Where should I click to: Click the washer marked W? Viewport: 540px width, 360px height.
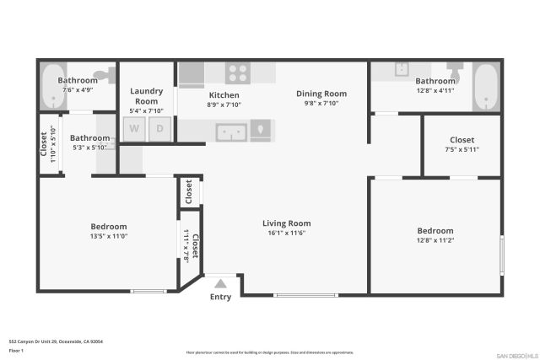click(133, 129)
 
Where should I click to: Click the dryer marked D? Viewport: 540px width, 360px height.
click(160, 129)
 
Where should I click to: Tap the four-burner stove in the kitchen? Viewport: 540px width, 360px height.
click(239, 73)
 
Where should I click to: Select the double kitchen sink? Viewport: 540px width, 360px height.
click(230, 131)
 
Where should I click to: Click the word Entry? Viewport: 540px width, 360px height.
click(220, 297)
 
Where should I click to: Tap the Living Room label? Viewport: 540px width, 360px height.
click(287, 223)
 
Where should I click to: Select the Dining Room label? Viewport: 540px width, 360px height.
click(321, 94)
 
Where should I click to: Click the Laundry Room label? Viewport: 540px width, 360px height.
click(146, 95)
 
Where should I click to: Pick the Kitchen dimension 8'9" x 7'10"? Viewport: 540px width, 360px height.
click(224, 105)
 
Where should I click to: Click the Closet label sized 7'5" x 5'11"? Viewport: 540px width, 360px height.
click(462, 140)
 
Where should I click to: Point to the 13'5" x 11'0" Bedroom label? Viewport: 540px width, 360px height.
click(109, 226)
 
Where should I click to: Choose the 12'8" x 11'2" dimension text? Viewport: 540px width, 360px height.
click(435, 239)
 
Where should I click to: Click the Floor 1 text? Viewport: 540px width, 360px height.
click(15, 349)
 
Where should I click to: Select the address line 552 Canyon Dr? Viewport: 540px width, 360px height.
click(56, 341)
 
